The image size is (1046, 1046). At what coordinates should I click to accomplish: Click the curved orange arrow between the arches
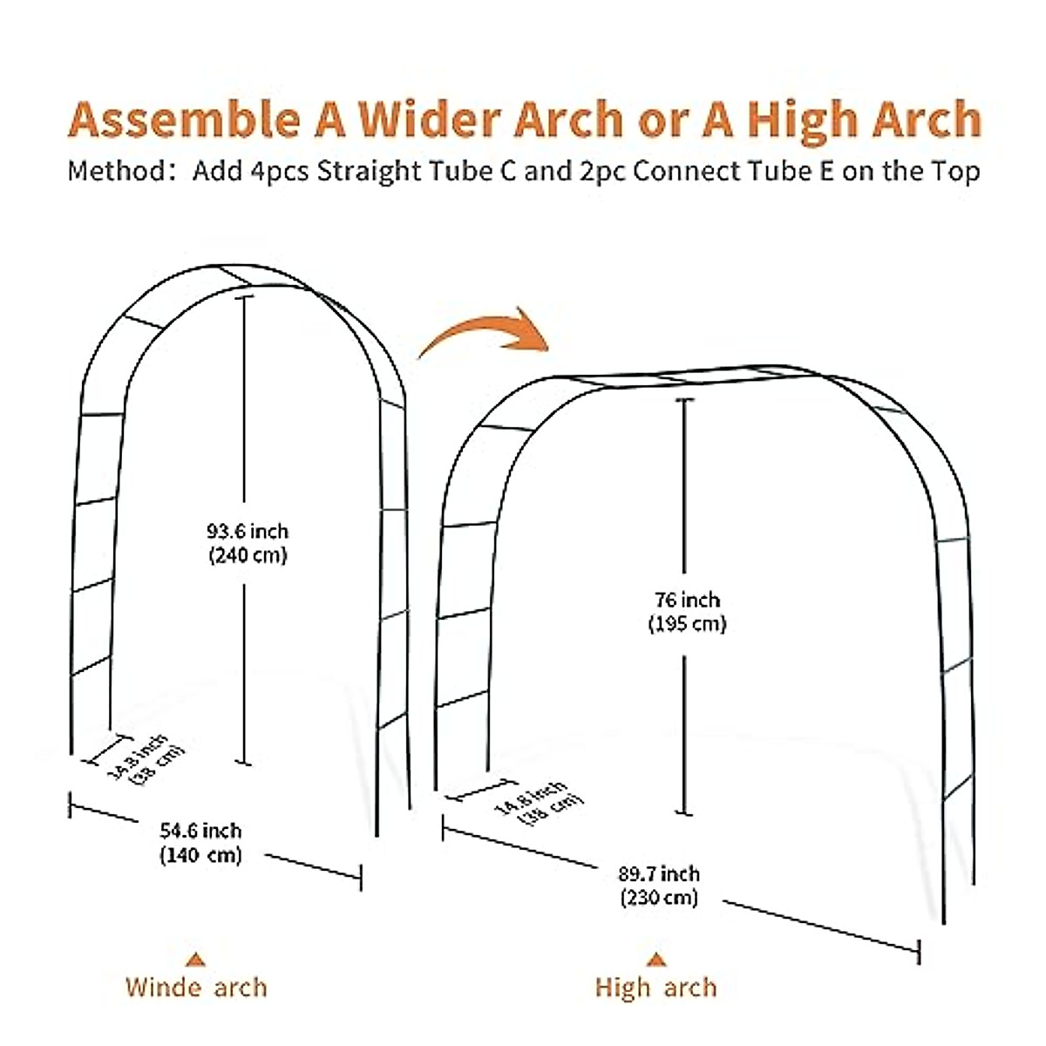pyautogui.click(x=485, y=330)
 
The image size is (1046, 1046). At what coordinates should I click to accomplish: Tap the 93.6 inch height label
pyautogui.click(x=247, y=531)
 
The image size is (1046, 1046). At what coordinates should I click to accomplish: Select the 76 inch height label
pyautogui.click(x=687, y=600)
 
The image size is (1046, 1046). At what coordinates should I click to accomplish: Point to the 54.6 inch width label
pyautogui.click(x=200, y=831)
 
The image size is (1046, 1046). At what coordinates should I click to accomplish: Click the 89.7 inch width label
pyautogui.click(x=659, y=873)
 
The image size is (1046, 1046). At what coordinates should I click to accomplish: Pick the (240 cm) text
pyautogui.click(x=247, y=554)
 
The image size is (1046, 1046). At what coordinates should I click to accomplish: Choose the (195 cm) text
pyautogui.click(x=687, y=623)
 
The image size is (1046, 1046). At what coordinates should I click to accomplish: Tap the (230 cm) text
pyautogui.click(x=659, y=897)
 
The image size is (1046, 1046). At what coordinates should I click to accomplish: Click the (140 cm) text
pyautogui.click(x=200, y=854)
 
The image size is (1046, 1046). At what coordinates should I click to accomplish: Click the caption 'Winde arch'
pyautogui.click(x=196, y=987)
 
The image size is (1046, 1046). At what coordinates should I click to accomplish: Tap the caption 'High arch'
pyautogui.click(x=655, y=988)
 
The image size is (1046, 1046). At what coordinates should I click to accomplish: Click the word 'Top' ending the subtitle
pyautogui.click(x=955, y=171)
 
